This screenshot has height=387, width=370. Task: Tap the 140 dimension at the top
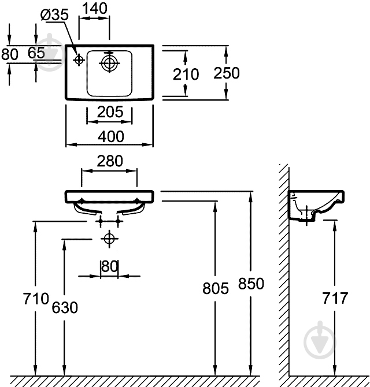point(94,9)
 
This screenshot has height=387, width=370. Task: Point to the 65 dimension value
point(36,53)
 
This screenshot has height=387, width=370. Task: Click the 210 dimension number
point(186,74)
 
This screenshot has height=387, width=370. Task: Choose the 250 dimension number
point(227,73)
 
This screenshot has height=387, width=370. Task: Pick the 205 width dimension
point(110,112)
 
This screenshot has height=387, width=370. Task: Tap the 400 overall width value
point(110,136)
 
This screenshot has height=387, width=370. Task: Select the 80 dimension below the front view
point(109,267)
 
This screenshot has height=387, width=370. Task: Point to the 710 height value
point(35,299)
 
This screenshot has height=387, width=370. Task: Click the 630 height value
point(64,307)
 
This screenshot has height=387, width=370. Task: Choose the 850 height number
point(250,284)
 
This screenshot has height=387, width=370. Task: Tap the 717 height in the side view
point(335,298)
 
